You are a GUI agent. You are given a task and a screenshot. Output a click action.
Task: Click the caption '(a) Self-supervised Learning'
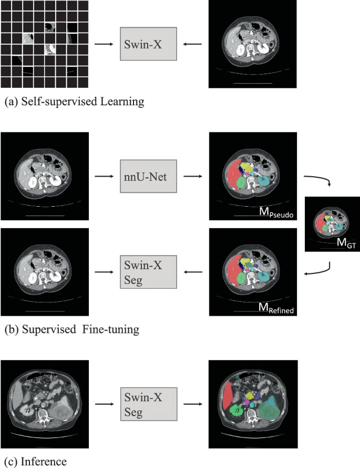[x=74, y=103]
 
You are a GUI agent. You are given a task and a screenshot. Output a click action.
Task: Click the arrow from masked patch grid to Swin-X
[x=105, y=44]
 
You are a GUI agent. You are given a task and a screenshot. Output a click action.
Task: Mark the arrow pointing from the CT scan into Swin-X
[x=192, y=44]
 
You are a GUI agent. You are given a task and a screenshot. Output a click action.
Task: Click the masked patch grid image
[x=44, y=44]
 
